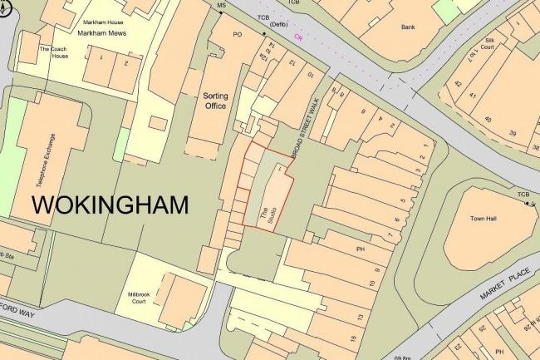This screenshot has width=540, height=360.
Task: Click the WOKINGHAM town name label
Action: (110, 204)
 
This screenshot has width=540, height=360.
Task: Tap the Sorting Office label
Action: (215, 101)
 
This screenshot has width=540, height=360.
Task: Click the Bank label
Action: (408, 27)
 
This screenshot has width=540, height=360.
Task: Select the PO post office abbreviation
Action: (237, 35)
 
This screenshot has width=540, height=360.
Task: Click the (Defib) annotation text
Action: (268, 25)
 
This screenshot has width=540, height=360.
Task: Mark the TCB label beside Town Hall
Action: (523, 195)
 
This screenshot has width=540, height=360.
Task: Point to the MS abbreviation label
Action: (221, 6)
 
